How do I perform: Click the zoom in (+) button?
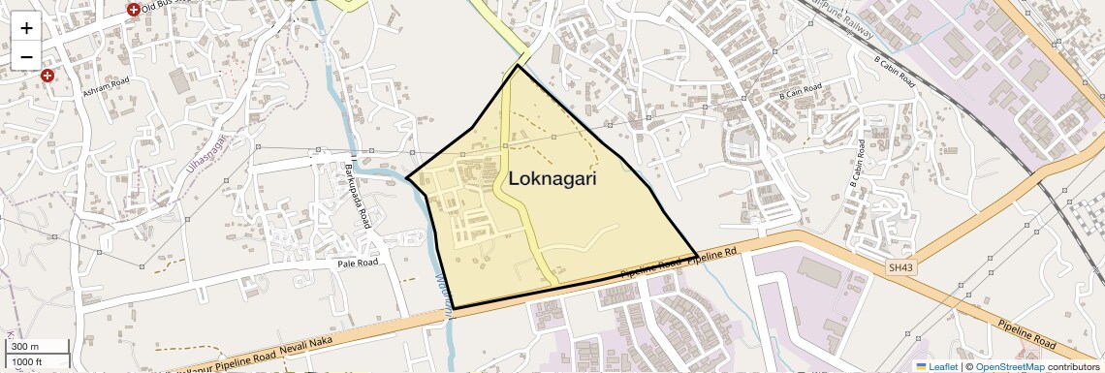[26, 28]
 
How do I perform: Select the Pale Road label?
[358, 263]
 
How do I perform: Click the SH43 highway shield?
[900, 267]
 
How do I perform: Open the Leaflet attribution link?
[936, 366]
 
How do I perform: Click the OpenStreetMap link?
[1009, 366]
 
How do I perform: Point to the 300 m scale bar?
[26, 347]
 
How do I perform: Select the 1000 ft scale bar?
[30, 362]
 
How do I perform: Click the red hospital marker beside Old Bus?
[133, 10]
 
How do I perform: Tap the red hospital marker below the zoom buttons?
[47, 75]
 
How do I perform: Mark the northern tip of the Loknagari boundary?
[518, 65]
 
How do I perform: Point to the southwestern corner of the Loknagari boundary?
[454, 309]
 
